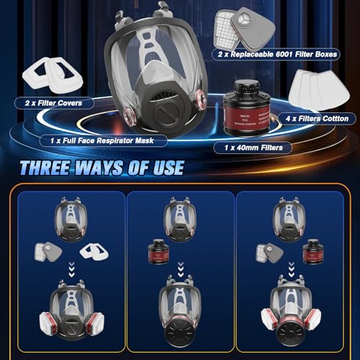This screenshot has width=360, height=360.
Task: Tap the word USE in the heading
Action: [163, 168]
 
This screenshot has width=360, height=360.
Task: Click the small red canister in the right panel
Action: [312, 252]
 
